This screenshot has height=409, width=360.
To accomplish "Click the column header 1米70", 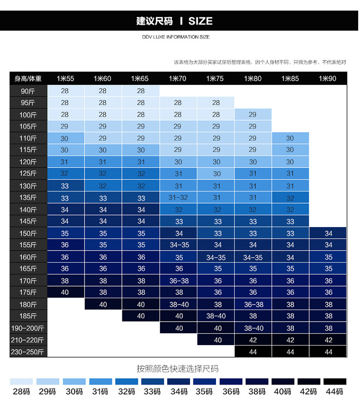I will tap(178, 79).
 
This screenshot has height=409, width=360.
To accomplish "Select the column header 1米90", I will tap(328, 79).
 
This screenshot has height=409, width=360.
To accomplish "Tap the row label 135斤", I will tap(28, 198).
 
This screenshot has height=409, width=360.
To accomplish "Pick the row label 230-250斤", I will tap(28, 352).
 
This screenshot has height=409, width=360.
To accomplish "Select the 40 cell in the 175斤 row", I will tap(65, 292).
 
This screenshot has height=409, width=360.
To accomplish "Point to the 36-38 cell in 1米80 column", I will tap(253, 304).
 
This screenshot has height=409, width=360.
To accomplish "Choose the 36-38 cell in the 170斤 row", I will tap(179, 281).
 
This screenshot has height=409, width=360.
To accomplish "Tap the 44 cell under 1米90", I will tap(328, 352).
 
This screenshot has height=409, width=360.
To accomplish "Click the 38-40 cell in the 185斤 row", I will tap(216, 316).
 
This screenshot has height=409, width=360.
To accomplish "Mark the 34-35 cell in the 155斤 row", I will tap(179, 245).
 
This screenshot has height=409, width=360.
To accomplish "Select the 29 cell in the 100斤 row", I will tap(253, 115).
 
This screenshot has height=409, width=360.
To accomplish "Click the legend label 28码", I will tap(22, 392).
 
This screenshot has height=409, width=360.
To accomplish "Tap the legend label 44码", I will tap(335, 392).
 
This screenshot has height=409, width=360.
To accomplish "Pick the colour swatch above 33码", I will tap(152, 381).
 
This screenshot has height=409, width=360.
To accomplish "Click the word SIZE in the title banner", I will tap(200, 21).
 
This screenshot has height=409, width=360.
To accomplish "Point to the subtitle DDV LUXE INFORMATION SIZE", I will tap(176, 37).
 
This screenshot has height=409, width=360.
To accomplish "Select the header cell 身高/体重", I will tap(28, 79).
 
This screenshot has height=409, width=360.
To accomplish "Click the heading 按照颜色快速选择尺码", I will tap(177, 369).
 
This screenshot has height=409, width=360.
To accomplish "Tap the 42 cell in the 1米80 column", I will tap(253, 340).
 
